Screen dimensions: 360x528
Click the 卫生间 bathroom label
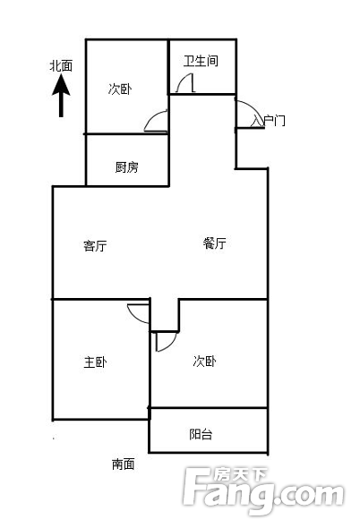point(201,61)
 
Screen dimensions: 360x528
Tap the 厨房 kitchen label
point(126,167)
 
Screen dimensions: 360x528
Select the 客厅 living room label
point(95,246)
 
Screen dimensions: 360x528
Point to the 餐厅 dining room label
point(214,243)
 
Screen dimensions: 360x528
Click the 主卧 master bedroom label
point(95,362)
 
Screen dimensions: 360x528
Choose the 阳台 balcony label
point(201,434)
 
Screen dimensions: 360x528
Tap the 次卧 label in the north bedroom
point(120,89)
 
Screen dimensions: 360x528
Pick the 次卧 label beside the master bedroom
point(204,362)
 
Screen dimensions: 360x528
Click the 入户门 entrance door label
point(269,121)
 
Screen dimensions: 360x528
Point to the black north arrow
point(61,96)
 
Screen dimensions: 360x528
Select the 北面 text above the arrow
point(61,66)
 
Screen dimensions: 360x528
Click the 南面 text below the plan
point(124,464)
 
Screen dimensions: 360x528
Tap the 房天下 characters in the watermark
point(240,475)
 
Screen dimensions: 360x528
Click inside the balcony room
point(209,430)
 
